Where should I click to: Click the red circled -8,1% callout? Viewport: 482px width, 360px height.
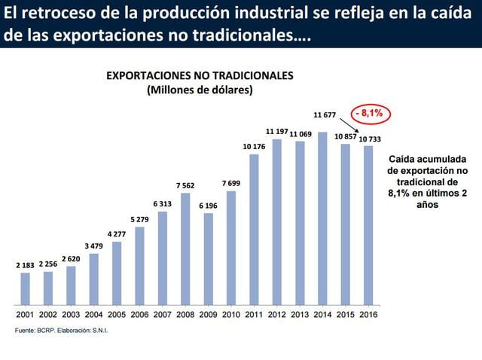click(370, 113)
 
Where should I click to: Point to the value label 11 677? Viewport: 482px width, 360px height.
click(325, 115)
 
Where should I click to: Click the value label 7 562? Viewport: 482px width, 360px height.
click(185, 185)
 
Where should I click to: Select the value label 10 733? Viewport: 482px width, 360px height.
click(370, 139)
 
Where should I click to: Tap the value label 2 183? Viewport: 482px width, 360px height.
click(25, 265)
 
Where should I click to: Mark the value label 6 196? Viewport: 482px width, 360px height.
click(209, 205)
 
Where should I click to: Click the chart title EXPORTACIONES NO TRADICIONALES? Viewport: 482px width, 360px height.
click(200, 76)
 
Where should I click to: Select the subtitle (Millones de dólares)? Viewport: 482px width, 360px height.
click(200, 90)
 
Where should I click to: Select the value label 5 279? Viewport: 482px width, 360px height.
click(139, 219)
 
